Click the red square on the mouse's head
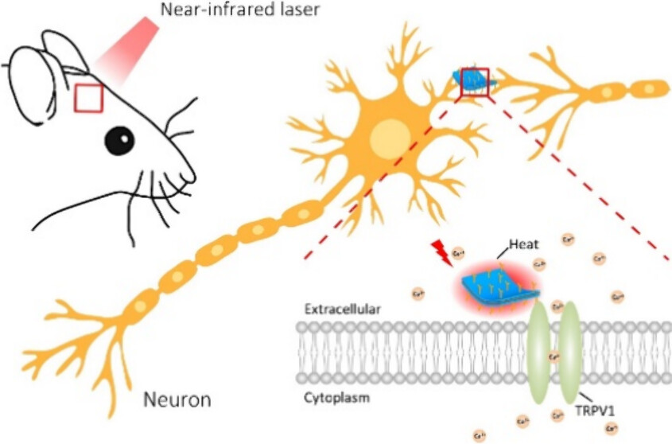point(88,98)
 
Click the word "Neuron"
point(177,399)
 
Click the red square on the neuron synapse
point(474,82)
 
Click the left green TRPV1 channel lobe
point(539,350)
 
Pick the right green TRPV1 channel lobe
point(571,350)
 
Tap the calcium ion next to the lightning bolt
point(458,255)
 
